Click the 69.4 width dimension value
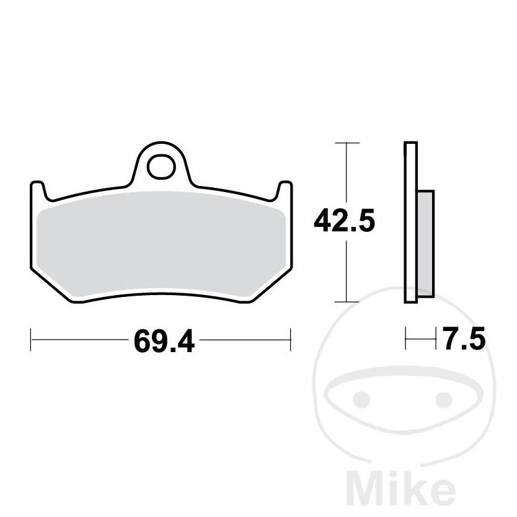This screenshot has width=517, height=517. click(164, 340)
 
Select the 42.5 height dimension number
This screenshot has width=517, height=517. click(344, 221)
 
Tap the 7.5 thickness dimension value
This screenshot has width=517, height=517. click(464, 338)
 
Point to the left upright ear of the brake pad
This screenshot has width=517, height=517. click(38, 190)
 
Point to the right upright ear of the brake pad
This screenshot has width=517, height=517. click(284, 190)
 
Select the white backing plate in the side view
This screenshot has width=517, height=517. click(411, 222)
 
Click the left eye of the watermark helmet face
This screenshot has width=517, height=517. click(361, 399)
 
